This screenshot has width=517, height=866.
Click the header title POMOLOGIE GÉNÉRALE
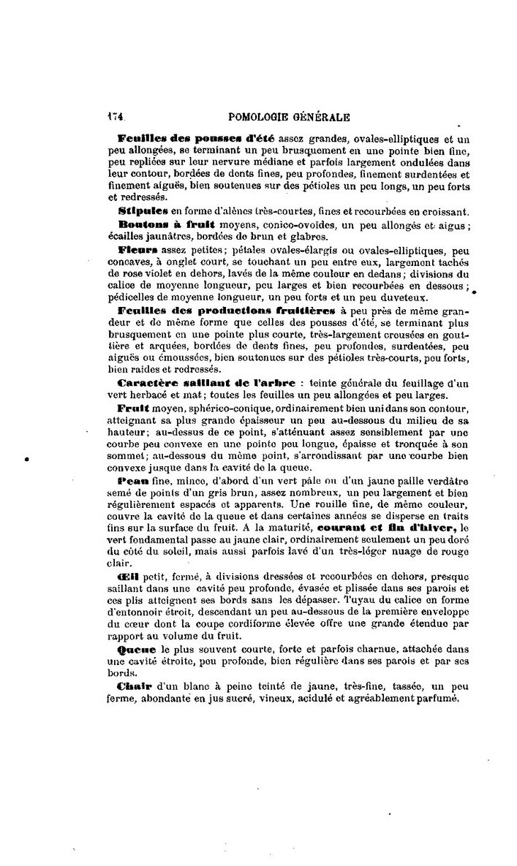[289, 115]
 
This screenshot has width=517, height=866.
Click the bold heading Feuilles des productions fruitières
[232, 311]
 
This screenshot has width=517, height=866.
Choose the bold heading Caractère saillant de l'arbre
[206, 382]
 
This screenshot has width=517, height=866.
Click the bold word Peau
[132, 483]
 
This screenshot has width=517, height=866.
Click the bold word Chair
[134, 686]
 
